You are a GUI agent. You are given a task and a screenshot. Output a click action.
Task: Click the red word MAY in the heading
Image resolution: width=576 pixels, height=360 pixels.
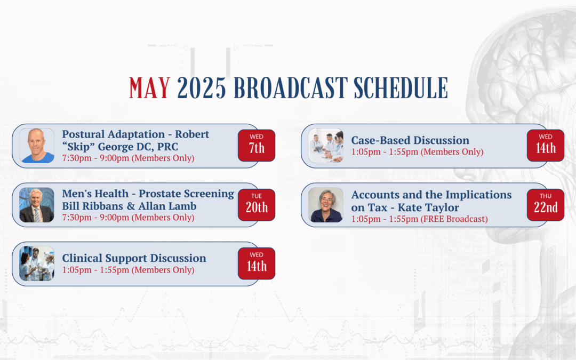(149, 88)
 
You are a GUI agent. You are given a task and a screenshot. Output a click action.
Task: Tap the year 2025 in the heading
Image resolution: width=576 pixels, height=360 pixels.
(201, 88)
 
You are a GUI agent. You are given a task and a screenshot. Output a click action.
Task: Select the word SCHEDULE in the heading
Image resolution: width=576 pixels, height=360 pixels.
(401, 88)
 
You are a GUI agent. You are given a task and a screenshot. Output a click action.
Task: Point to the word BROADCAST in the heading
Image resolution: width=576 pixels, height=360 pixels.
(291, 88)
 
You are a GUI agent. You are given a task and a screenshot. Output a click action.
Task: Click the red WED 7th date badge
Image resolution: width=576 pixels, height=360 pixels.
(257, 146)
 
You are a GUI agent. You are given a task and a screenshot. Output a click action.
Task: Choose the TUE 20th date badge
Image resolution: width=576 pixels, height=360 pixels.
(257, 205)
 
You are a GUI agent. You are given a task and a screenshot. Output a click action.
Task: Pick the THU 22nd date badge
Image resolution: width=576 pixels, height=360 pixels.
(546, 205)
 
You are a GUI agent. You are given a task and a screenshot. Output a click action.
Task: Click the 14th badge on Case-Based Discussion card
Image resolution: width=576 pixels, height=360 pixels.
(546, 146)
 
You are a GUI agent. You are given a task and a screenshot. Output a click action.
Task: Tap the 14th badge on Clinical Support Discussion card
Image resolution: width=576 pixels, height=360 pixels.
(257, 264)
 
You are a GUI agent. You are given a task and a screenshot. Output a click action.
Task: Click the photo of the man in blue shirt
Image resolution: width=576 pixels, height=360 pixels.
(37, 146)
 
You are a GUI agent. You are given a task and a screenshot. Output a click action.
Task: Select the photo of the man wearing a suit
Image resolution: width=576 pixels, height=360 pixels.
(37, 205)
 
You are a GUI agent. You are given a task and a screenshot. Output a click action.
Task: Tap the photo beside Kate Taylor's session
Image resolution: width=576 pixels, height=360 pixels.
(326, 205)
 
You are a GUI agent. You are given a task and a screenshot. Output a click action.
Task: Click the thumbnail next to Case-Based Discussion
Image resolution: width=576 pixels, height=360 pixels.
(326, 146)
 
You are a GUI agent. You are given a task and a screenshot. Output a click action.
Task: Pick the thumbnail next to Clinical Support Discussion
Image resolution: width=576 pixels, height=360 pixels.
(37, 264)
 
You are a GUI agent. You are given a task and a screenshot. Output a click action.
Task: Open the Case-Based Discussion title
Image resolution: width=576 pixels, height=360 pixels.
(410, 140)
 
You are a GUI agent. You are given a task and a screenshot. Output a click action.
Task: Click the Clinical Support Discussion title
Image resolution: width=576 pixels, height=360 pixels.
(134, 258)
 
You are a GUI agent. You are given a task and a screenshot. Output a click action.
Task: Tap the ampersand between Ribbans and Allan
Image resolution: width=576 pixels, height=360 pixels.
(131, 206)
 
